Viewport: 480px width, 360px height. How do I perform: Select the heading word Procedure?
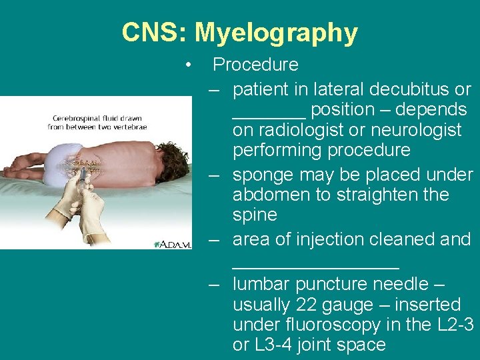click(255, 65)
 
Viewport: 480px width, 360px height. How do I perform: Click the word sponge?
click(262, 175)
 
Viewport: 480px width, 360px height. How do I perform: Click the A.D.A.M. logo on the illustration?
click(173, 245)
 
